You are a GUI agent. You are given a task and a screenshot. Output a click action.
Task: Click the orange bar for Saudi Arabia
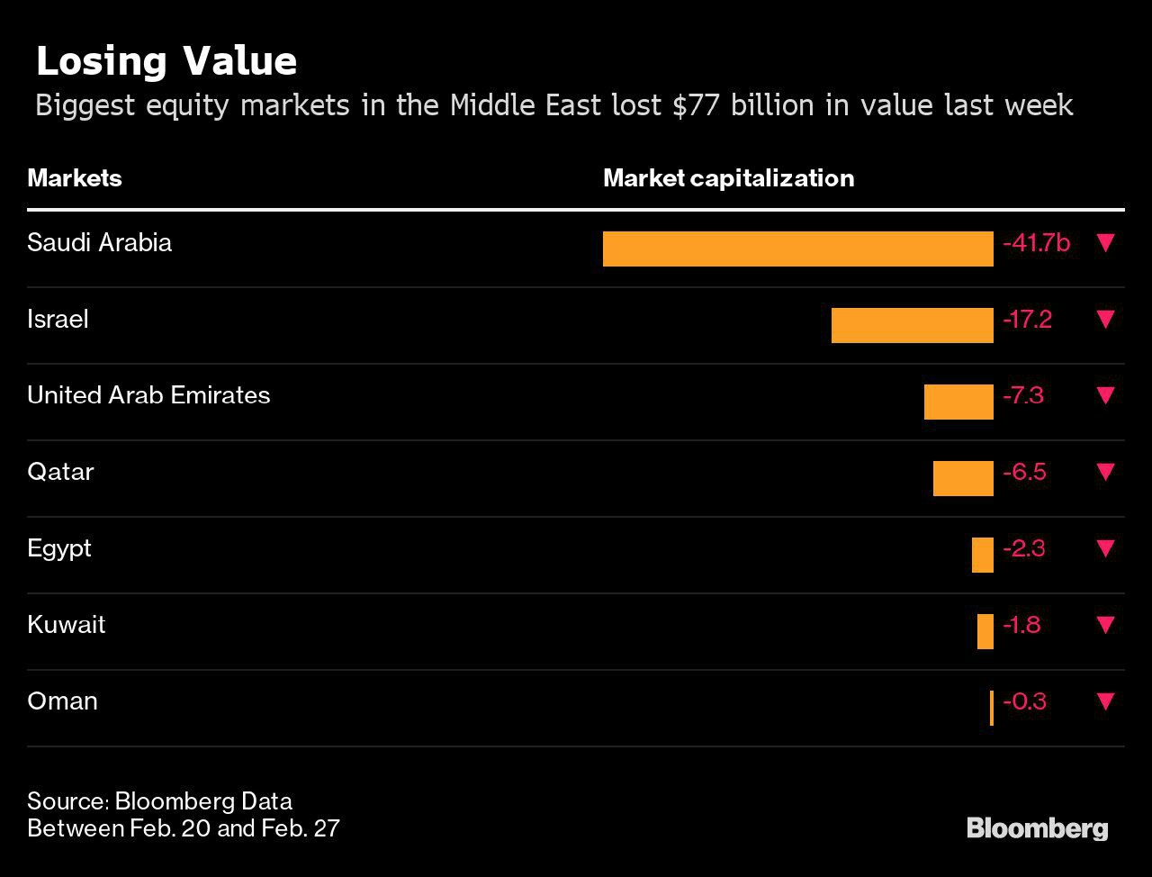[x=797, y=249]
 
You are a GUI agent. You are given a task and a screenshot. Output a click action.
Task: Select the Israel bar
[x=913, y=325]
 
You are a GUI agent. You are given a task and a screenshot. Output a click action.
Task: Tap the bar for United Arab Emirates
[x=958, y=402]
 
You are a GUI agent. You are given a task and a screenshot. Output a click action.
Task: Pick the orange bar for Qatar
[x=963, y=479]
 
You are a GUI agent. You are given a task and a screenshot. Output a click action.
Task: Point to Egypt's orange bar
[x=983, y=555]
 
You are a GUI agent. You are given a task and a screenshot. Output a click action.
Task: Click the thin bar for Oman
[x=992, y=708]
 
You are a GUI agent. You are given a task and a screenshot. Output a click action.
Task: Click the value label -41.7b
[x=1036, y=243]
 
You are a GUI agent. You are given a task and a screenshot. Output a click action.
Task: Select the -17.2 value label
[x=1027, y=320]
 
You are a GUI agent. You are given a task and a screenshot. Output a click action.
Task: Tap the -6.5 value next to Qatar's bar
[x=1024, y=473]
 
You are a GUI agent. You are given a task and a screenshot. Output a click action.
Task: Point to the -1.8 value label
[x=1021, y=625]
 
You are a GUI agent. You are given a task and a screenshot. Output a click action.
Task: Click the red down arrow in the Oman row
[x=1106, y=701]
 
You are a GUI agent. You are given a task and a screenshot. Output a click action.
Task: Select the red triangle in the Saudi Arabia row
[x=1106, y=243]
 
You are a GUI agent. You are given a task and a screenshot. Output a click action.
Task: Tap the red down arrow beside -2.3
[x=1106, y=549]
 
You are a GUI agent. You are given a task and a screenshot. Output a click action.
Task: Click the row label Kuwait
[x=66, y=625]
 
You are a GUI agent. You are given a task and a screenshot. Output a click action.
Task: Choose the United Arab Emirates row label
[x=148, y=395]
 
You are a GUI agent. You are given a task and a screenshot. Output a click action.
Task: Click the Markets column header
[x=75, y=178]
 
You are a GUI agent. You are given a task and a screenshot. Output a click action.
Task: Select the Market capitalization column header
[x=729, y=178]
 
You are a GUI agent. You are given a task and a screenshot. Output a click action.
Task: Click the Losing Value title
[x=166, y=62]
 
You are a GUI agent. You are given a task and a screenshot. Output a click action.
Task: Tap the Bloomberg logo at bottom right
[x=1038, y=829]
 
